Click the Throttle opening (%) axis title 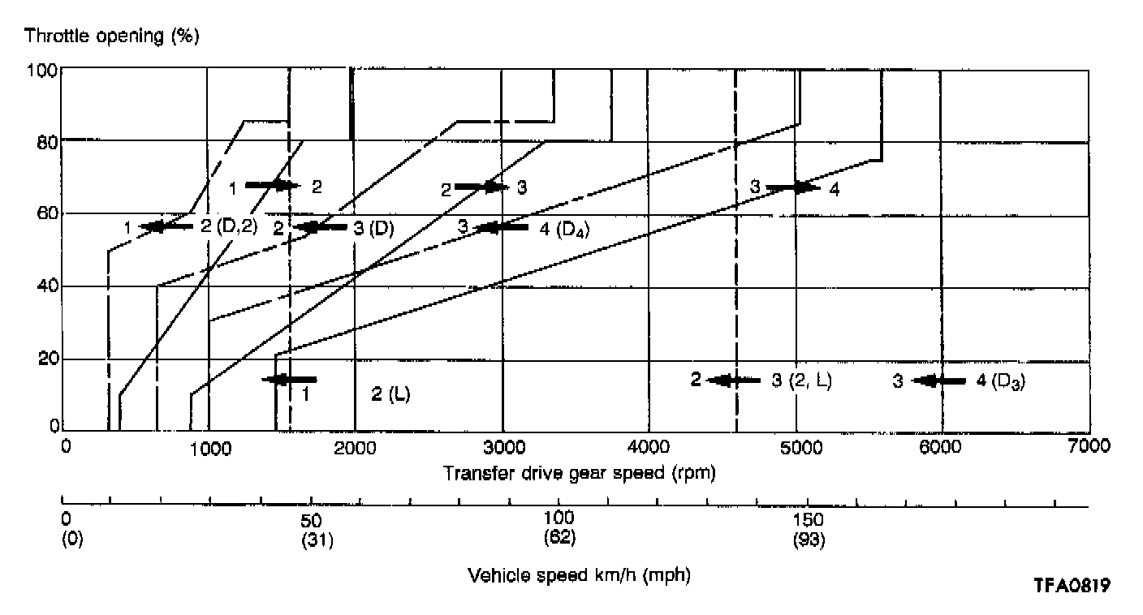(x=111, y=37)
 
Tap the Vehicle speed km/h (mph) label (x=579, y=575)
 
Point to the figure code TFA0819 (x=1071, y=585)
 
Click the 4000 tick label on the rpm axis (x=648, y=446)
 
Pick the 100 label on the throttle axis (x=43, y=71)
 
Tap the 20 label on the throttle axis (x=48, y=359)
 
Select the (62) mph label (x=559, y=537)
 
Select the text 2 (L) (x=390, y=395)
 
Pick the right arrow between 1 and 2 (x=272, y=185)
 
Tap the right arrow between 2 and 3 (x=481, y=187)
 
